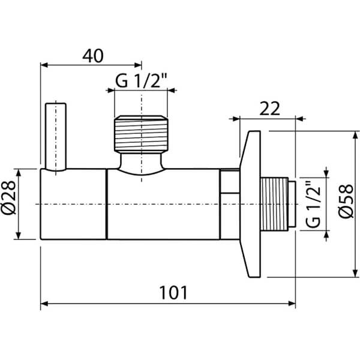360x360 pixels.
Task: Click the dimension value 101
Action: pos(174,293)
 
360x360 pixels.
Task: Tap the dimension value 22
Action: pos(271,109)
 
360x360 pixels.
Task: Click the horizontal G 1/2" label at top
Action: pos(140,82)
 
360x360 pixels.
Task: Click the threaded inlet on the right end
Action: pos(278,204)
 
